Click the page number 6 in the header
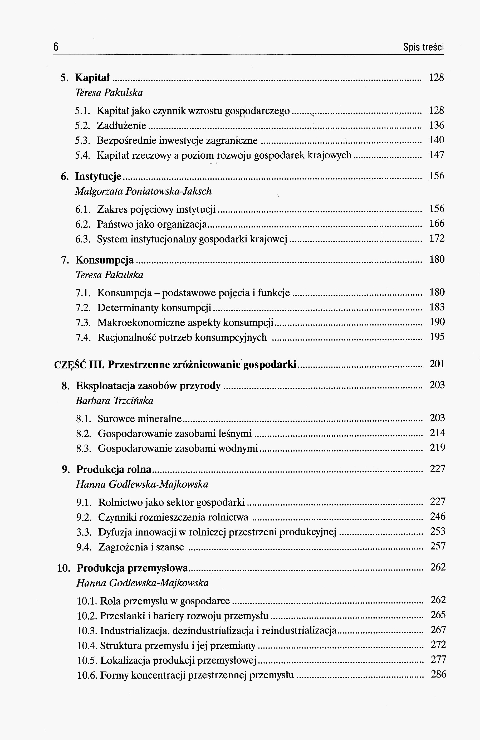[56, 47]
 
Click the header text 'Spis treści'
[423, 47]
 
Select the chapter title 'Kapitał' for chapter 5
[92, 78]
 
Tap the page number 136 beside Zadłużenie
[437, 125]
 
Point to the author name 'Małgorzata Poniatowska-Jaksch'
[143, 191]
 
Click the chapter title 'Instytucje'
[98, 177]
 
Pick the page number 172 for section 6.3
[437, 238]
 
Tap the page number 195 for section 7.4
[437, 337]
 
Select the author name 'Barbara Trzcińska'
[114, 401]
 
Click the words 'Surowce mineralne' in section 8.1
[140, 419]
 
